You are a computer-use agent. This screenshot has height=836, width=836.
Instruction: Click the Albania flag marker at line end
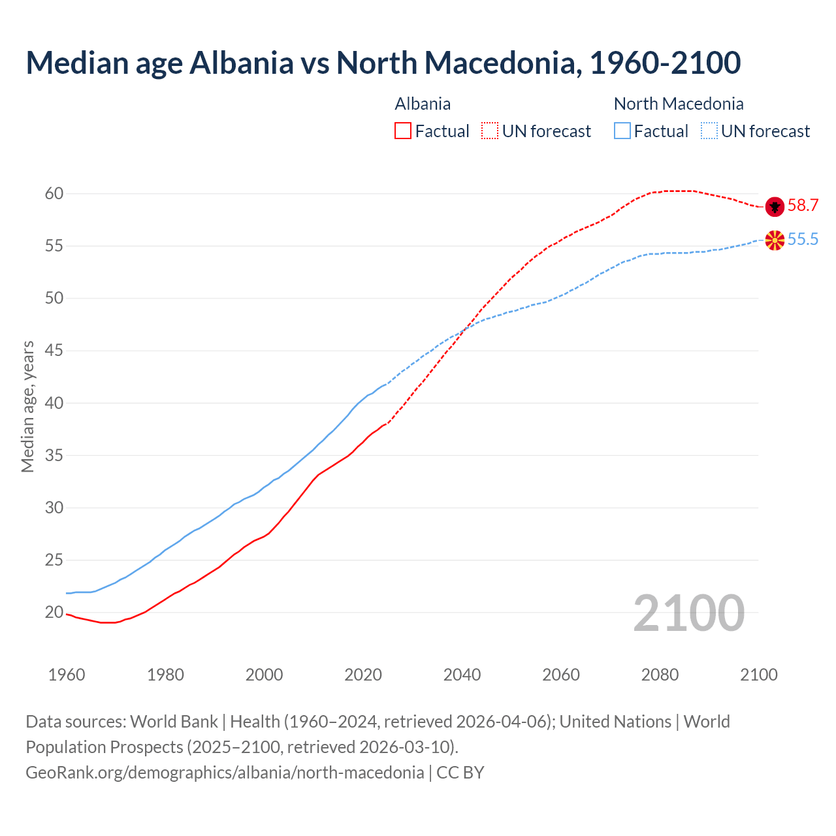click(774, 206)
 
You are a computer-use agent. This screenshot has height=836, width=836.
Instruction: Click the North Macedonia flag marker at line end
click(774, 240)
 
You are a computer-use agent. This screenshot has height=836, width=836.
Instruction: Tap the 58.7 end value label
click(803, 206)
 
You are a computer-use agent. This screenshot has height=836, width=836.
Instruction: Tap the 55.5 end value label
click(803, 240)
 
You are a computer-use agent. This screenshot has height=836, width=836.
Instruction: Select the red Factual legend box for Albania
click(403, 131)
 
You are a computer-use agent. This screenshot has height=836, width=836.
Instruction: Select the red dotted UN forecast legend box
click(490, 131)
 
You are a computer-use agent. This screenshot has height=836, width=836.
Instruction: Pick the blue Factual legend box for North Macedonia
click(622, 131)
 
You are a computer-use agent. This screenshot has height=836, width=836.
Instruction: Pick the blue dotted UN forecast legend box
click(709, 131)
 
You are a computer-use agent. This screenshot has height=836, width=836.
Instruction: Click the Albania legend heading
click(423, 104)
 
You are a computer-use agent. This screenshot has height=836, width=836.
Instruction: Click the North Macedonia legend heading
click(679, 104)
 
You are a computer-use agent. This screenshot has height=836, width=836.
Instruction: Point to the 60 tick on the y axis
click(54, 194)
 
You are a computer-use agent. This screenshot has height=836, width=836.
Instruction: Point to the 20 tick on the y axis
click(54, 613)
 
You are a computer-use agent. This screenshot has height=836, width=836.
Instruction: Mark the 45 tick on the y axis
click(54, 351)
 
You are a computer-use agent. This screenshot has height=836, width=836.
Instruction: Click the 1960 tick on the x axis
click(67, 675)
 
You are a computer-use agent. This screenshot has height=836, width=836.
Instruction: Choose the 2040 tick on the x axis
click(462, 675)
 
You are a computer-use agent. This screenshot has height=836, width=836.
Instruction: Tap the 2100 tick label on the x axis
click(758, 675)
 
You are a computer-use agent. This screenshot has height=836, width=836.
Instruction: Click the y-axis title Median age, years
click(28, 406)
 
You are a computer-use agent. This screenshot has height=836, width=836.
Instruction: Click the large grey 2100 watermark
click(688, 613)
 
